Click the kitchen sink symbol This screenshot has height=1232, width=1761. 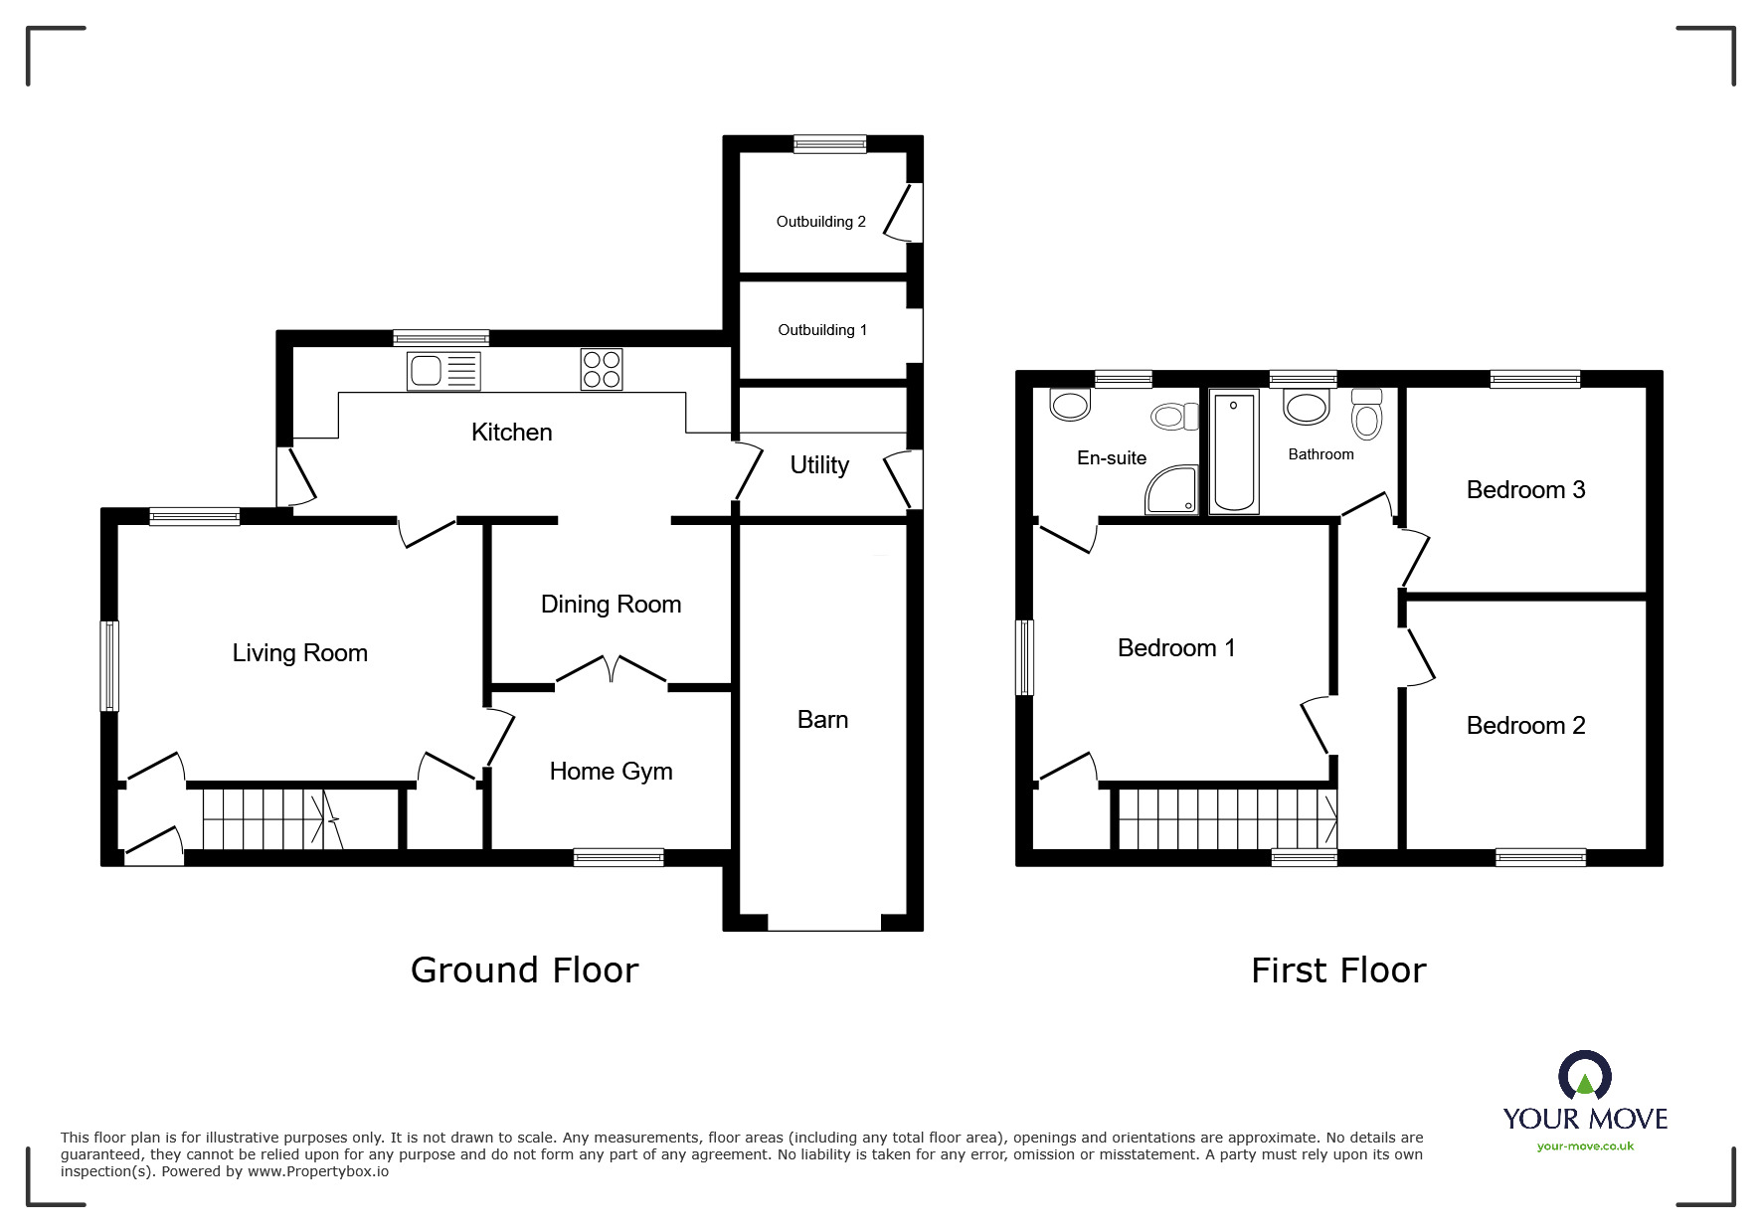click(x=443, y=371)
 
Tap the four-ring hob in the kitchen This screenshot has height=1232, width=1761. click(x=602, y=369)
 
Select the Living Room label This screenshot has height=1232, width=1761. click(x=300, y=653)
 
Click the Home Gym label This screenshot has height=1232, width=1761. click(x=611, y=772)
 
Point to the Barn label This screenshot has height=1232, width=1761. click(x=822, y=720)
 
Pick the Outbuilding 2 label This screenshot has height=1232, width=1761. click(x=820, y=222)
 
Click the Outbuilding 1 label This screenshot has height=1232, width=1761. click(x=822, y=330)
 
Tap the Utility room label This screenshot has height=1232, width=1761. click(x=819, y=465)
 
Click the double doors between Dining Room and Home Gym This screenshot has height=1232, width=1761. click(x=611, y=671)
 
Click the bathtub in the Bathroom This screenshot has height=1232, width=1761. click(x=1234, y=452)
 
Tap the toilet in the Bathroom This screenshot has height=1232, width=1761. click(x=1367, y=415)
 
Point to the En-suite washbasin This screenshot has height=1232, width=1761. click(x=1070, y=404)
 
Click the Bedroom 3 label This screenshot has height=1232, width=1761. click(x=1525, y=490)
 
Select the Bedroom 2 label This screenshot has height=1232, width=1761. click(x=1525, y=726)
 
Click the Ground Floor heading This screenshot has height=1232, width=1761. click(x=524, y=970)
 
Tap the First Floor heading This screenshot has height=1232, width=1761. click(x=1337, y=970)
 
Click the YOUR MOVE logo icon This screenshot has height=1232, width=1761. click(x=1584, y=1077)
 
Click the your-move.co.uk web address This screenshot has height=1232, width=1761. click(x=1585, y=1146)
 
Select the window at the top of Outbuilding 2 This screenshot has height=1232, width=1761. click(x=829, y=144)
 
